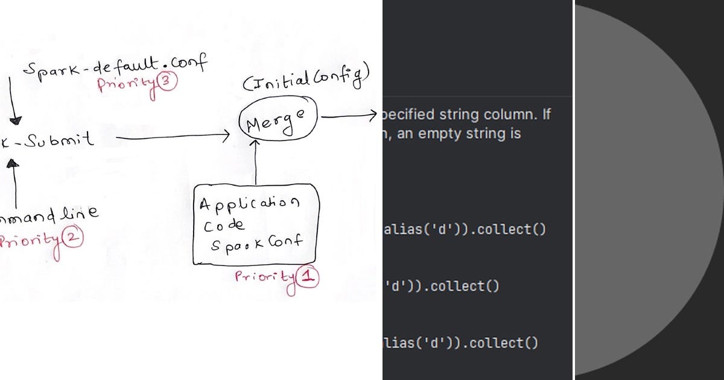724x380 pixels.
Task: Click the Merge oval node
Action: (x=278, y=121)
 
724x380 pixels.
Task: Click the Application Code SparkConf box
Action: (x=255, y=224)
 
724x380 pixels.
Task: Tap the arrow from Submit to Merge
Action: (x=172, y=138)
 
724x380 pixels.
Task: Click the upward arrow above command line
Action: (x=14, y=181)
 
